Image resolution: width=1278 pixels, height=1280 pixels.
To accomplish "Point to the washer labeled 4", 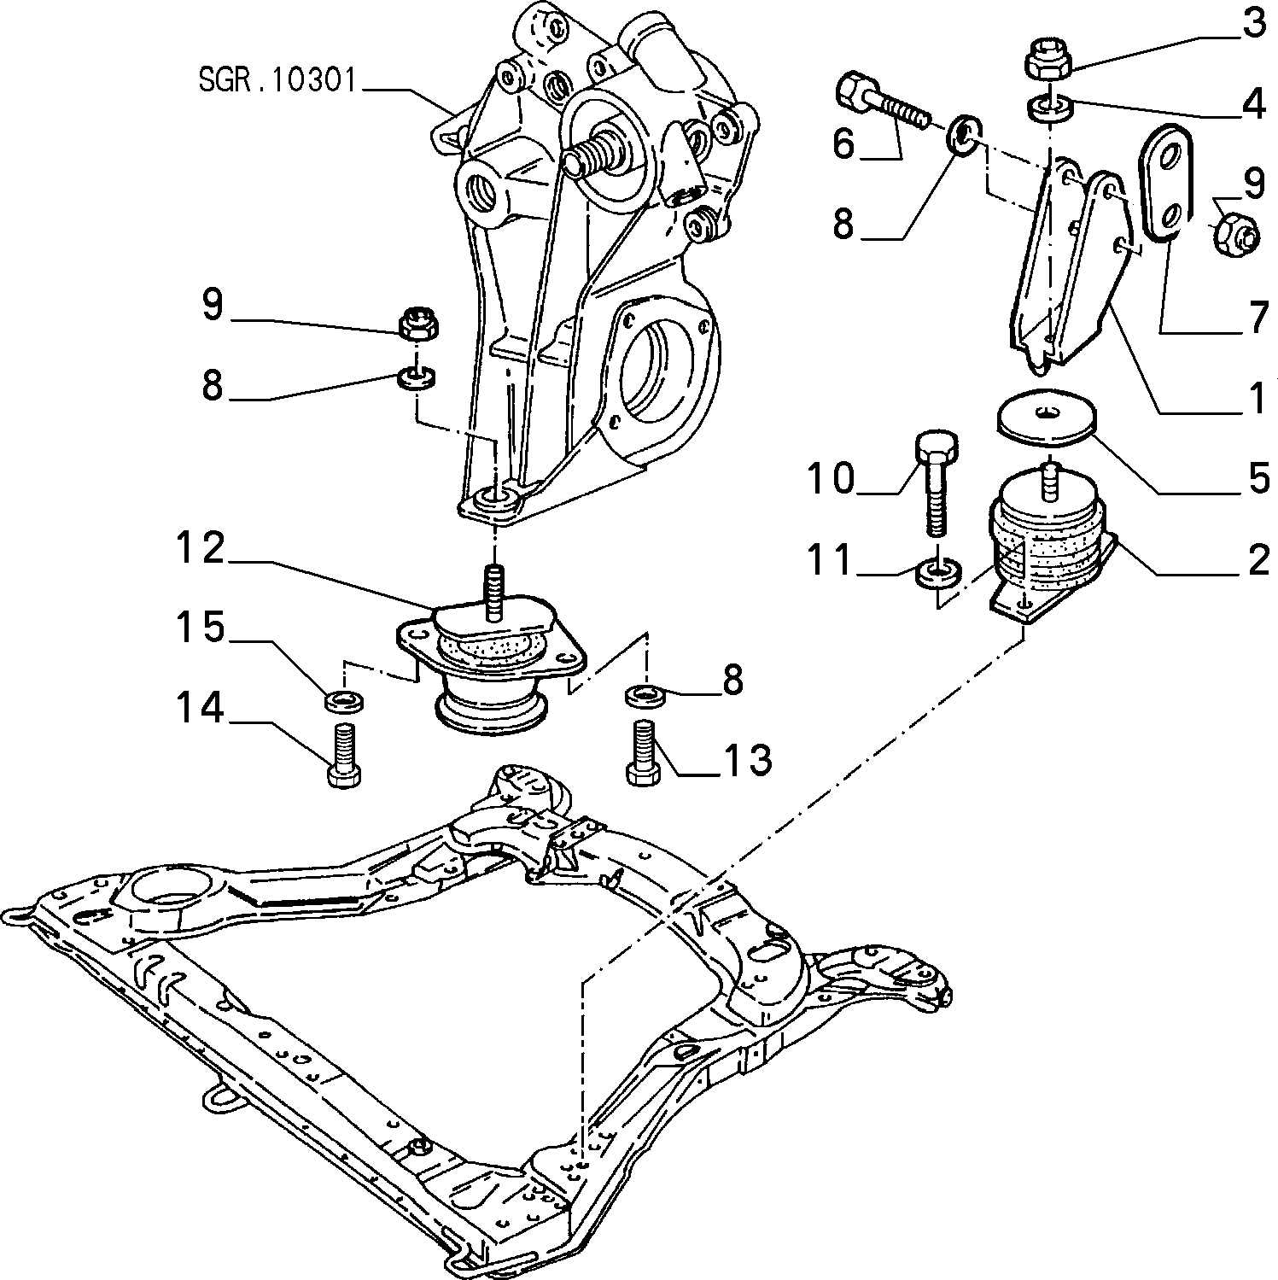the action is (1047, 109).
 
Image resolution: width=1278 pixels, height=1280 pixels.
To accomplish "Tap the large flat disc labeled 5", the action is (1046, 418).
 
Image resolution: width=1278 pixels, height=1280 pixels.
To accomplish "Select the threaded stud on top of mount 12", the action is (493, 590).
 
